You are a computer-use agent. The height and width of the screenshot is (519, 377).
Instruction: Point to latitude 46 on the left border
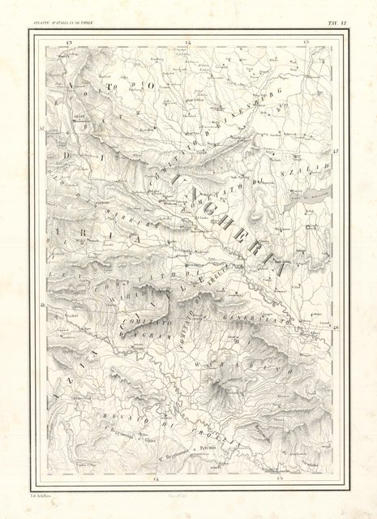click(41, 306)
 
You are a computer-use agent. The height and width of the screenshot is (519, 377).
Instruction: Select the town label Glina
click(149, 440)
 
